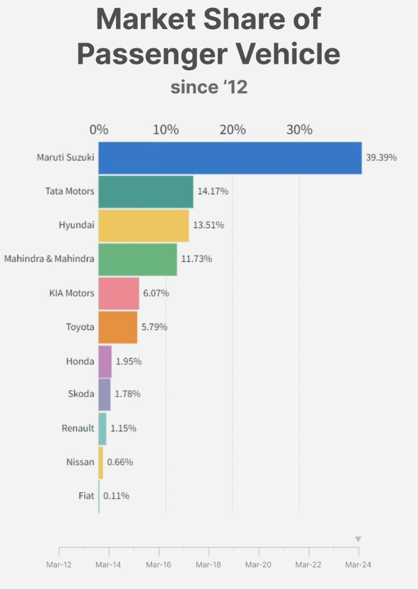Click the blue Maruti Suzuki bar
click(230, 158)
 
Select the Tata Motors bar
click(145, 192)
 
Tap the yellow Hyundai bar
click(143, 225)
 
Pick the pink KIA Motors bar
click(118, 293)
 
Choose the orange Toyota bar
click(118, 327)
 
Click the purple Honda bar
click(105, 361)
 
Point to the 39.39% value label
click(381, 158)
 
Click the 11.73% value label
click(196, 259)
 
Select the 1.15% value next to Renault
click(123, 428)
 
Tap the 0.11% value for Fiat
click(116, 495)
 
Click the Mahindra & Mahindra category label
click(49, 259)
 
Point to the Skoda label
click(81, 394)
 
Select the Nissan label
click(80, 462)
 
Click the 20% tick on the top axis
click(232, 130)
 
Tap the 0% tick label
click(99, 130)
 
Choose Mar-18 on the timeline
click(208, 565)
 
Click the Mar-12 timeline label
click(59, 565)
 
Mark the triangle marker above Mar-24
click(358, 539)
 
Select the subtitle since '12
click(208, 87)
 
